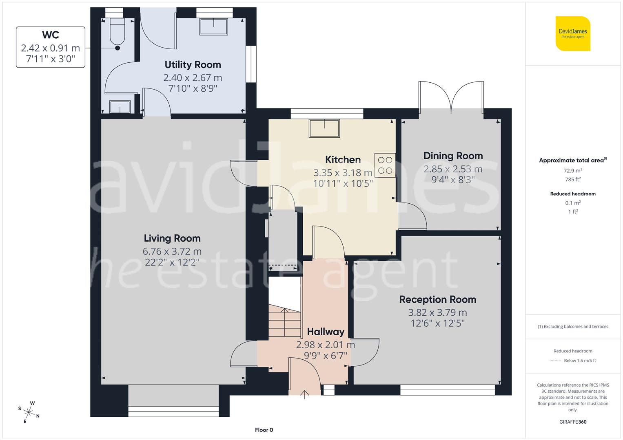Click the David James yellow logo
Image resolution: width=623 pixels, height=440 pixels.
[x=573, y=33]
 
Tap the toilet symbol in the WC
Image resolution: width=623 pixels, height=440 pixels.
[x=118, y=32]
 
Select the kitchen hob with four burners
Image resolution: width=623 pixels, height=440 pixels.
[x=385, y=165]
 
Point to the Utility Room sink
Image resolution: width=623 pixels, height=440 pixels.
[x=214, y=27]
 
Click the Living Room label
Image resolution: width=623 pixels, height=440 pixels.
[x=172, y=238]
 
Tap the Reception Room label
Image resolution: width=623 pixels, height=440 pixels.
[x=437, y=299]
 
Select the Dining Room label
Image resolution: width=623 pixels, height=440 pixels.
[x=453, y=156]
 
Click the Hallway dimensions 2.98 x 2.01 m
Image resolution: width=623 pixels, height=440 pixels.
[x=325, y=345]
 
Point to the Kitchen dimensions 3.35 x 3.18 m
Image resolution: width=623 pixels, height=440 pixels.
[x=343, y=172]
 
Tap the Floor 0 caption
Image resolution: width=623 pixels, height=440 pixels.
[x=264, y=430]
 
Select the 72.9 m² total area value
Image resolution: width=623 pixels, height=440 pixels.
[x=573, y=171]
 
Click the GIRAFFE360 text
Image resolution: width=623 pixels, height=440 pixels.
[x=573, y=422]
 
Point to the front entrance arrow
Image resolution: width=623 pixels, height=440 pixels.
[x=304, y=393]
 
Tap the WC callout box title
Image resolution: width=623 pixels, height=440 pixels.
[x=50, y=35]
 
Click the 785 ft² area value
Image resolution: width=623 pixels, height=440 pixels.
[x=573, y=179]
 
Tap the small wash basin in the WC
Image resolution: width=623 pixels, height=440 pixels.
[x=120, y=107]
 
